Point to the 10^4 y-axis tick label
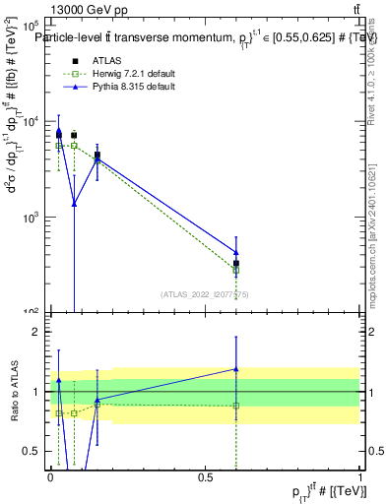30,121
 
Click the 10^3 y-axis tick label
30,217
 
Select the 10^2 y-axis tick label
30,311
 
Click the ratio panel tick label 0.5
32,451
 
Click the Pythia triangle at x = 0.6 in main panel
236,252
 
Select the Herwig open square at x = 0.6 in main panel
236,270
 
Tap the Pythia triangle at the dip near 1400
74,203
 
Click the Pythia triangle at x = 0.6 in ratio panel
236,369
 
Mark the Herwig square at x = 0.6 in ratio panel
236,406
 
